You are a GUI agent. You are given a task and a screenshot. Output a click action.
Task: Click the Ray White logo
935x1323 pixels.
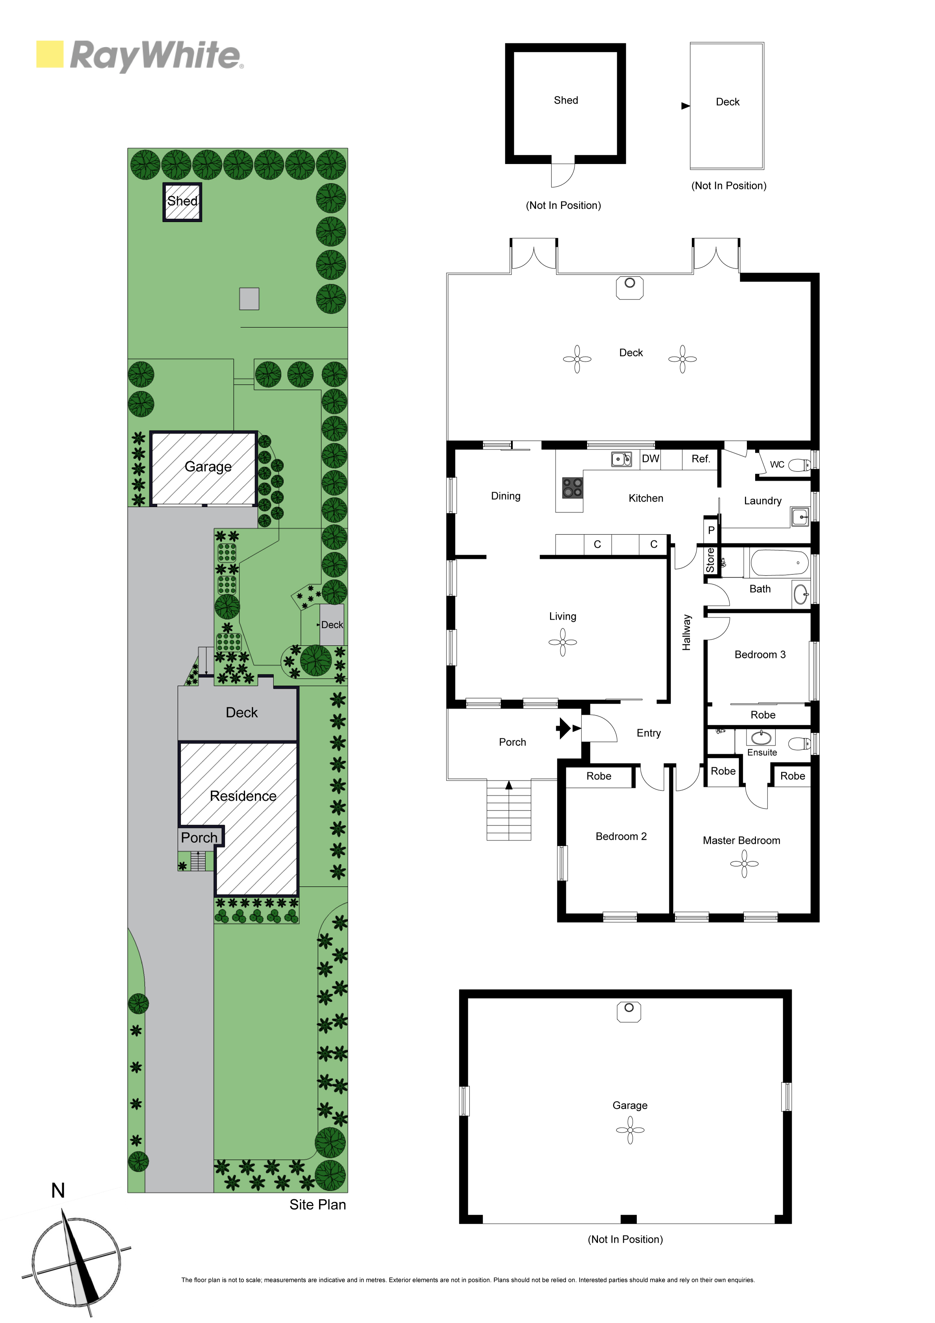139,55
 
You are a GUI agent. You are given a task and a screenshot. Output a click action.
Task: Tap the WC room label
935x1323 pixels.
777,464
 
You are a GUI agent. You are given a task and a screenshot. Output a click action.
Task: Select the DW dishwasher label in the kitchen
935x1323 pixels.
650,459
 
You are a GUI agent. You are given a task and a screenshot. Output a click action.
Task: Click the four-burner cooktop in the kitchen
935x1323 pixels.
573,488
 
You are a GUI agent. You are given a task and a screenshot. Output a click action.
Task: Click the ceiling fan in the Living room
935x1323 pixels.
562,642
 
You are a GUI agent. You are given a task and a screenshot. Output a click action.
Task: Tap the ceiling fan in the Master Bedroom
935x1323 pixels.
744,864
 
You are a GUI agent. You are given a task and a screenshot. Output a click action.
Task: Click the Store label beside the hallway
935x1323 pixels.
710,560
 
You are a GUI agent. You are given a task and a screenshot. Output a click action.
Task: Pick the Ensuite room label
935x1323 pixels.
762,752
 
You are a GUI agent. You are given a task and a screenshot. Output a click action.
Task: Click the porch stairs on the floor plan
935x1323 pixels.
509,810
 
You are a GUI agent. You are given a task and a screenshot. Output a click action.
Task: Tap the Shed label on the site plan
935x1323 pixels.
182,201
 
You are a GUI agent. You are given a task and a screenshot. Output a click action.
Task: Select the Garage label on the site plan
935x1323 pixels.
208,467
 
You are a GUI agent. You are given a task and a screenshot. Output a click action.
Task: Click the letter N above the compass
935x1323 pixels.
58,1191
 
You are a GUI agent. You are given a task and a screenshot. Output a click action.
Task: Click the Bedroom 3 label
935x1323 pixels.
760,655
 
